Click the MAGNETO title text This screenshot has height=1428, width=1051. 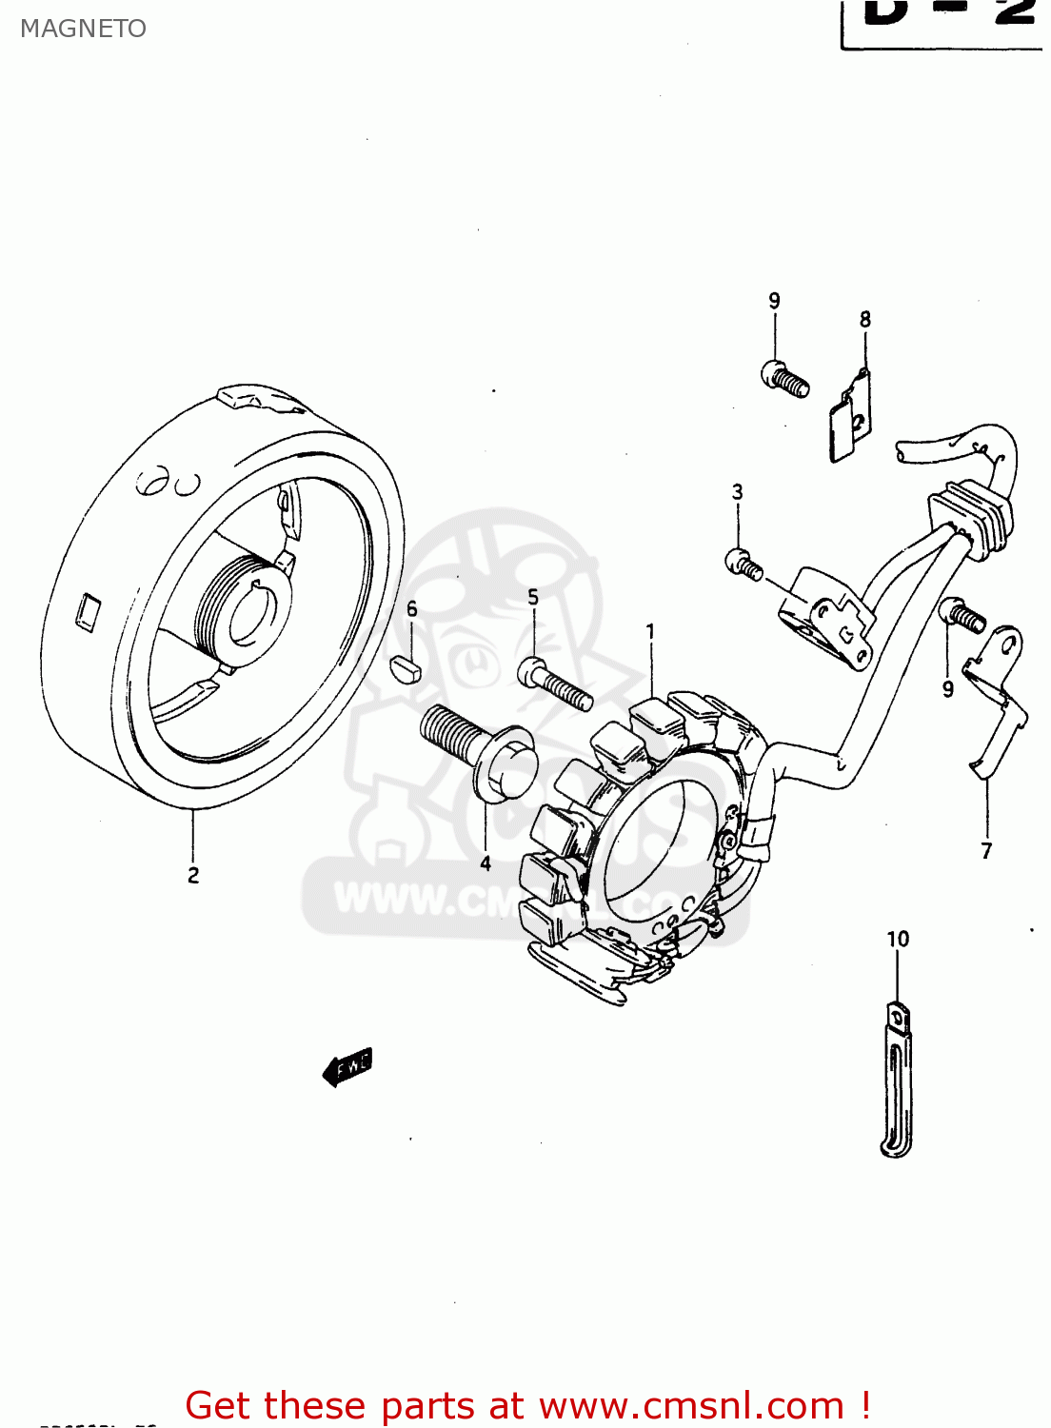83,29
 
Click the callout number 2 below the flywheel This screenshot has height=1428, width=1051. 193,875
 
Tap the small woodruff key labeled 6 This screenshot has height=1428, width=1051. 407,667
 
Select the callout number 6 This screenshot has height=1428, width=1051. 411,609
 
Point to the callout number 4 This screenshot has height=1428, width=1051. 486,863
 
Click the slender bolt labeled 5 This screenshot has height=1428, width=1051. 557,684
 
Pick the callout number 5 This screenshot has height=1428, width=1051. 533,597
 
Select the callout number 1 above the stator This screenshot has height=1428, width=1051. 650,631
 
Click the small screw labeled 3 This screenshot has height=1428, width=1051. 744,565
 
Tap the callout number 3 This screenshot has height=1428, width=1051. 737,492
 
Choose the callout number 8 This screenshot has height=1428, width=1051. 864,320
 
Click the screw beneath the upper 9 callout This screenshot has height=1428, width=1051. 785,378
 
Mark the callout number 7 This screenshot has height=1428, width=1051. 986,851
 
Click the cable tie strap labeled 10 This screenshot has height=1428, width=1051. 896,1081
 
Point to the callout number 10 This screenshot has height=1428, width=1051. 898,940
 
